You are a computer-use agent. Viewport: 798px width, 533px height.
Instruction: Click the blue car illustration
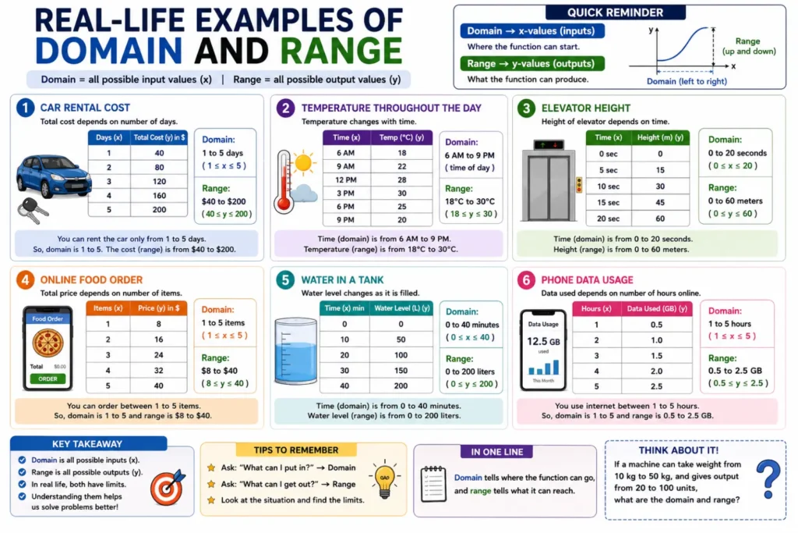pos(54,176)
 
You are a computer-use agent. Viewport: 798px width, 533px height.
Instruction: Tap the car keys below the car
pos(32,211)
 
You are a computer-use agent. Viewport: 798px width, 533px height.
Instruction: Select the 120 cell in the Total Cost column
pos(159,181)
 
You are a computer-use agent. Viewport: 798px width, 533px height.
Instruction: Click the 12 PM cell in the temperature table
pos(345,179)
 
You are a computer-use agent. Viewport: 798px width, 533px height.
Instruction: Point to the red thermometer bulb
pos(284,204)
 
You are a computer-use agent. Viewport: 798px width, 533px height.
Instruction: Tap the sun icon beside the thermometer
pos(303,163)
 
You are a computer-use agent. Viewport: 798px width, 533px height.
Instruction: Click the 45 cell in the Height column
pos(660,202)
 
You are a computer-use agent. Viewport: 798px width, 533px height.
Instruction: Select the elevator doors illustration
pos(548,187)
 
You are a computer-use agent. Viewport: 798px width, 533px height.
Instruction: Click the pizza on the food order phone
pos(48,343)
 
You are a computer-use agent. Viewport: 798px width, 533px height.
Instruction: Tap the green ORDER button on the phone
pos(48,378)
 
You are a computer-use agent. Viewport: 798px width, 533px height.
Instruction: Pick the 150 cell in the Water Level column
pos(401,371)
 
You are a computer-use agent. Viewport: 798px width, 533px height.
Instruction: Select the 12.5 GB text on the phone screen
pos(543,341)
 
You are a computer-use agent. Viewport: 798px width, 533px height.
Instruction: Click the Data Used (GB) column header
pos(656,309)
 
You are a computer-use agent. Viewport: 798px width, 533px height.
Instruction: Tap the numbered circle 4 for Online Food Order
pos(25,279)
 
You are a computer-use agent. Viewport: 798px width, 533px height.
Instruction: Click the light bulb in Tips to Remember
pos(385,479)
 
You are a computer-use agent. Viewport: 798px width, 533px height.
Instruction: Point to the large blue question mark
pos(768,478)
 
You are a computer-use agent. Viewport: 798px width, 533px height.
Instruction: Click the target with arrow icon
pos(168,487)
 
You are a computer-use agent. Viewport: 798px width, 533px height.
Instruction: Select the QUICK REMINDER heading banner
pos(616,12)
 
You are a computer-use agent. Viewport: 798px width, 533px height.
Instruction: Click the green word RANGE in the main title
pos(341,51)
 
